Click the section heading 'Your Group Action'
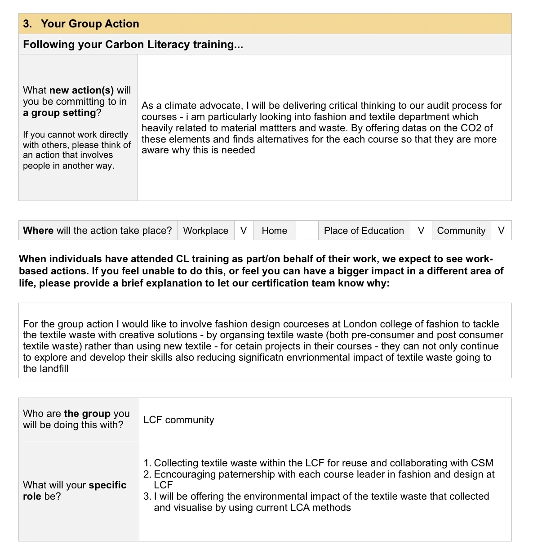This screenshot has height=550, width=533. pyautogui.click(x=89, y=24)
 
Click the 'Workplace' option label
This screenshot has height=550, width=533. pyautogui.click(x=205, y=231)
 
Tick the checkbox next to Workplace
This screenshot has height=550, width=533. pyautogui.click(x=244, y=231)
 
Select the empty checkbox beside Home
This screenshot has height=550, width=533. pyautogui.click(x=307, y=231)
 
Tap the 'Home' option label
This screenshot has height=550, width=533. pyautogui.click(x=274, y=231)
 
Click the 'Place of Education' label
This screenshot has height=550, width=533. pyautogui.click(x=364, y=231)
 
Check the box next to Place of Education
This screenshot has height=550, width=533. pyautogui.click(x=421, y=231)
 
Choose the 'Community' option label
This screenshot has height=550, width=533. pyautogui.click(x=461, y=231)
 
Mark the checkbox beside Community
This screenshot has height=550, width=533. pyautogui.click(x=501, y=231)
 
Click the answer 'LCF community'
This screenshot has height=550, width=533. pyautogui.click(x=178, y=420)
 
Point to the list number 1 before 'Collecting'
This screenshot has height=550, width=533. pyautogui.click(x=147, y=463)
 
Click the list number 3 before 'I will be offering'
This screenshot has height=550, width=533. pyautogui.click(x=147, y=496)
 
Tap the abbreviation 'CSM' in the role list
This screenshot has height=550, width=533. pyautogui.click(x=482, y=463)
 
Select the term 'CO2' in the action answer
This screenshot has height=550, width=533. pyautogui.click(x=471, y=128)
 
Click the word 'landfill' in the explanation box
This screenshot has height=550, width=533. pyautogui.click(x=53, y=369)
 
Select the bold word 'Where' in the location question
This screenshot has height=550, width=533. pyautogui.click(x=38, y=231)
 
